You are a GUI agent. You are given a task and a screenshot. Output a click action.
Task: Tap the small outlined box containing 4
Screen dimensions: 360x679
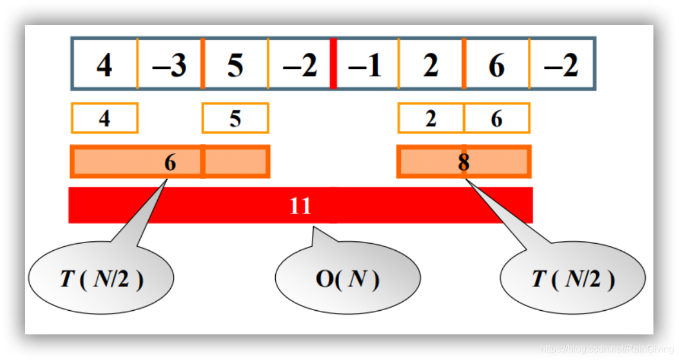coord(104,119)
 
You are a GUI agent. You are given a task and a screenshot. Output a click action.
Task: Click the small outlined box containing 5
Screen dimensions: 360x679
coord(235,119)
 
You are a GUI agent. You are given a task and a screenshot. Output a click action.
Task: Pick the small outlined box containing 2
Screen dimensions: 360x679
coord(431,119)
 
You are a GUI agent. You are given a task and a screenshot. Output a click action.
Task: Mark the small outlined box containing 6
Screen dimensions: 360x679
coord(496,119)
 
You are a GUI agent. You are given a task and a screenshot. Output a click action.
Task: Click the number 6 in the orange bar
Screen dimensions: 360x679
coord(170,162)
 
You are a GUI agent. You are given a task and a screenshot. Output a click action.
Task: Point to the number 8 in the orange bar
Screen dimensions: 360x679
coord(463,162)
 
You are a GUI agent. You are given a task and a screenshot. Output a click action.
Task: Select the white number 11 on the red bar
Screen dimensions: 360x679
coord(300,206)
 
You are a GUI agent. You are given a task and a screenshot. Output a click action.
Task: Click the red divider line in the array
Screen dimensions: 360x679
coord(333,63)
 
